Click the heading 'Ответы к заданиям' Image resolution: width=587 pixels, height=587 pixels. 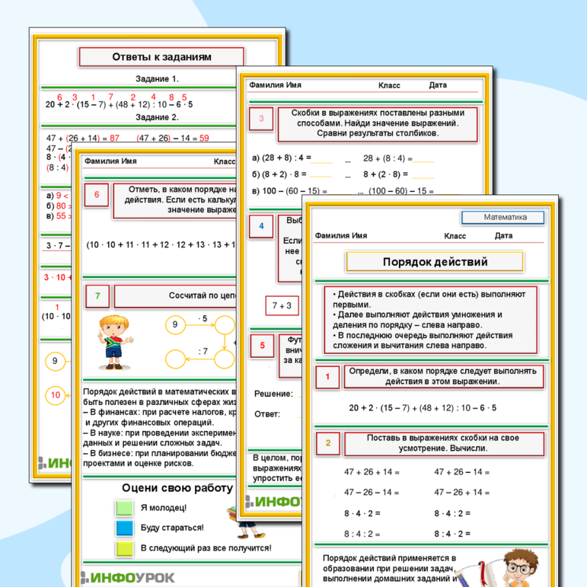[x=161, y=57]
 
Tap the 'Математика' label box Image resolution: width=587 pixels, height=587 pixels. [x=504, y=218]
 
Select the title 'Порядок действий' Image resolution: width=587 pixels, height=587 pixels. [x=435, y=262]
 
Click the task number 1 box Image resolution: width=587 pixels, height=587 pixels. [x=327, y=376]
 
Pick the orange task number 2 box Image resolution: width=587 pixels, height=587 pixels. [x=328, y=443]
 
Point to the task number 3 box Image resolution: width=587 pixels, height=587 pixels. [x=261, y=118]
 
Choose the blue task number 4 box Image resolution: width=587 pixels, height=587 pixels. [x=261, y=226]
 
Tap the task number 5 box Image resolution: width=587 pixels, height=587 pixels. [x=263, y=346]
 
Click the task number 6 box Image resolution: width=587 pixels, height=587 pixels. [x=97, y=195]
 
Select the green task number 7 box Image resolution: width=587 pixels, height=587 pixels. [x=97, y=295]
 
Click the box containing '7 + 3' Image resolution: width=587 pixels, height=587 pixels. [x=282, y=306]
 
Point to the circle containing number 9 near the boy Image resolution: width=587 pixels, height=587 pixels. [x=174, y=325]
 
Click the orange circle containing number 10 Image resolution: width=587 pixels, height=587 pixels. [x=56, y=394]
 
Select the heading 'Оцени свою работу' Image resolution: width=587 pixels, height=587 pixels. [x=176, y=488]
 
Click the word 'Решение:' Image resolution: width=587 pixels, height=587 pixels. [x=273, y=394]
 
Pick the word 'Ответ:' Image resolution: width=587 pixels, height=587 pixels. [x=267, y=414]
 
